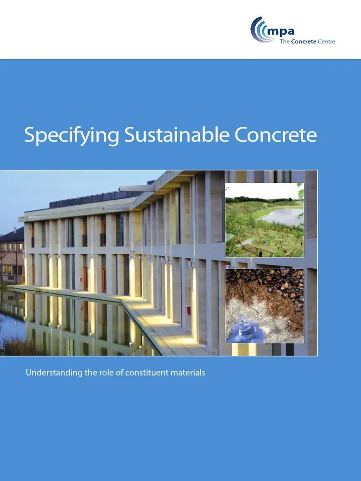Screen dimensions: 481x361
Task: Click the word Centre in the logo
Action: [x=325, y=42]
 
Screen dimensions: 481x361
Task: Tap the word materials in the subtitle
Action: [x=188, y=373]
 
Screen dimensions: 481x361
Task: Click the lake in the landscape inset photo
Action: [x=284, y=216]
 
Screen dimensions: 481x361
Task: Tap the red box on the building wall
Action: [x=188, y=310]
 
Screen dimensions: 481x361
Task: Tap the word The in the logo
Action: [x=285, y=42]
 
